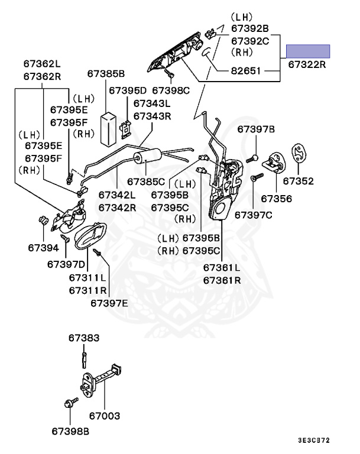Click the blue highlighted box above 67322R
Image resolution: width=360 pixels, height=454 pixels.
(308, 50)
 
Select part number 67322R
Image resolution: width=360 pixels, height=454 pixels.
(307, 64)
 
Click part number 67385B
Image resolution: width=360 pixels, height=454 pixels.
(106, 74)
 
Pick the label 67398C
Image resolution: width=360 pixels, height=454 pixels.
(171, 90)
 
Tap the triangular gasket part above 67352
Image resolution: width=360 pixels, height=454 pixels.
(300, 154)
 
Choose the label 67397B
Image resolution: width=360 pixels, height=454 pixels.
(257, 129)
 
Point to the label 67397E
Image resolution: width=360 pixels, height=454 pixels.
(109, 303)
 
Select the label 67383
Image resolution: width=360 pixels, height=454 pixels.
(83, 338)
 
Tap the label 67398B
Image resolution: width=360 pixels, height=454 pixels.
(69, 432)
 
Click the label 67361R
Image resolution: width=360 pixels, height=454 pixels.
(222, 280)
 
